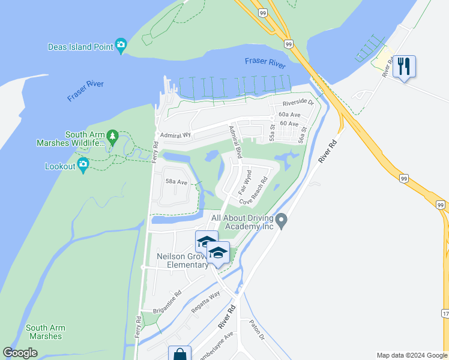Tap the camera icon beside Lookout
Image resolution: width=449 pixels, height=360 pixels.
[x=83, y=166]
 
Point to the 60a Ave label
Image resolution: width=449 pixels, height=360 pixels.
[x=289, y=114]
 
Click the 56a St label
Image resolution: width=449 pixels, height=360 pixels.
[x=304, y=134]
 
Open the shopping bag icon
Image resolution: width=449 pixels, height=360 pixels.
[x=179, y=354]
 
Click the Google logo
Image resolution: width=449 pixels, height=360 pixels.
[x=20, y=353]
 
